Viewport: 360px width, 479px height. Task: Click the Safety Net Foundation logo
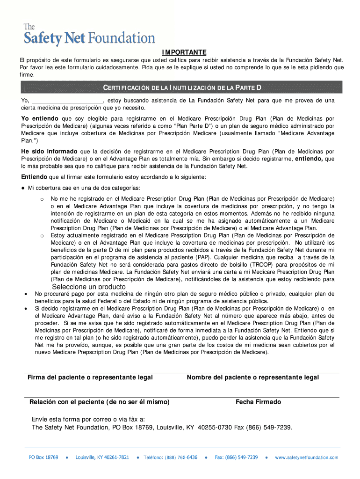(x=89, y=35)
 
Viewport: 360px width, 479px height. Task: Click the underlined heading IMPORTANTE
(x=184, y=52)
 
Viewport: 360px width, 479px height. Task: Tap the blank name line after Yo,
(x=67, y=101)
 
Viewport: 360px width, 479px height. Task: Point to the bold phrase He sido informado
(x=50, y=152)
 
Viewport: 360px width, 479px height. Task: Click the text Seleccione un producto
(x=89, y=287)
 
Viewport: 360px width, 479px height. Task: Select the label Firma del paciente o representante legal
(x=90, y=377)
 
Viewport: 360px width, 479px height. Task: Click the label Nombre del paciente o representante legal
(x=253, y=377)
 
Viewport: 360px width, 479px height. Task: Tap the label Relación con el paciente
(x=100, y=402)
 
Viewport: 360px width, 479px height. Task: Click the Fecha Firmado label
(x=258, y=402)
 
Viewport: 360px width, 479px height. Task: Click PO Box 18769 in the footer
(x=43, y=457)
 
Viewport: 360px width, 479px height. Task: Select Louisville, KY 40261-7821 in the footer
(x=102, y=457)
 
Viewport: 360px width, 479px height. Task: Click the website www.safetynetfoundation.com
(x=306, y=457)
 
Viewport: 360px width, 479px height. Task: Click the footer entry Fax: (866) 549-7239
(x=236, y=457)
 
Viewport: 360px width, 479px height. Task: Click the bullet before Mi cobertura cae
(x=23, y=188)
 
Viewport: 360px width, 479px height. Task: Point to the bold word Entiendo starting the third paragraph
(x=34, y=177)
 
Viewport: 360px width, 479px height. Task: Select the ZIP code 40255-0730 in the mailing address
(x=215, y=427)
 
